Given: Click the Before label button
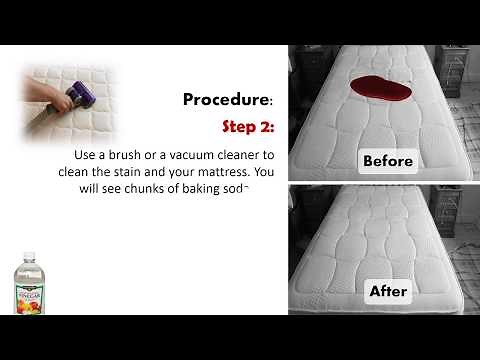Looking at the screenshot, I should click(388, 160).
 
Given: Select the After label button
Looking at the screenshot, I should click(388, 291).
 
